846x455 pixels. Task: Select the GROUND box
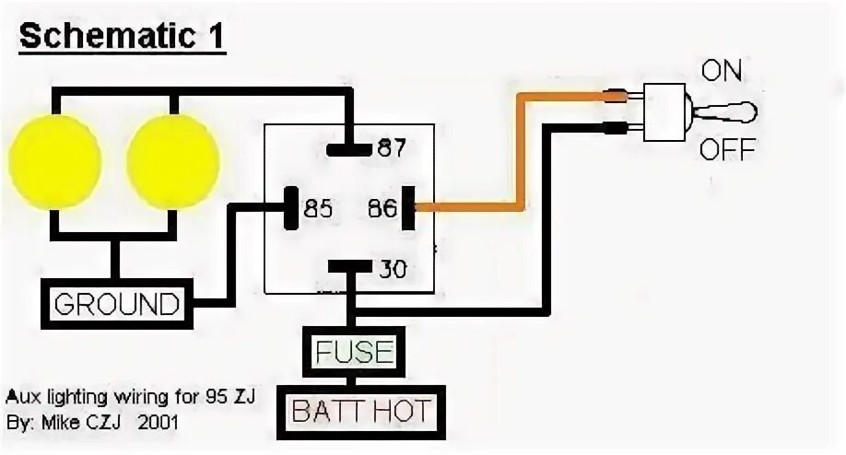[115, 303]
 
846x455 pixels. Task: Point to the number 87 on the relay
[392, 148]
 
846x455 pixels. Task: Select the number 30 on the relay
[392, 270]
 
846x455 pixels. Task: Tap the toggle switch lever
[734, 112]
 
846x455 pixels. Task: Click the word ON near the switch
[722, 72]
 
